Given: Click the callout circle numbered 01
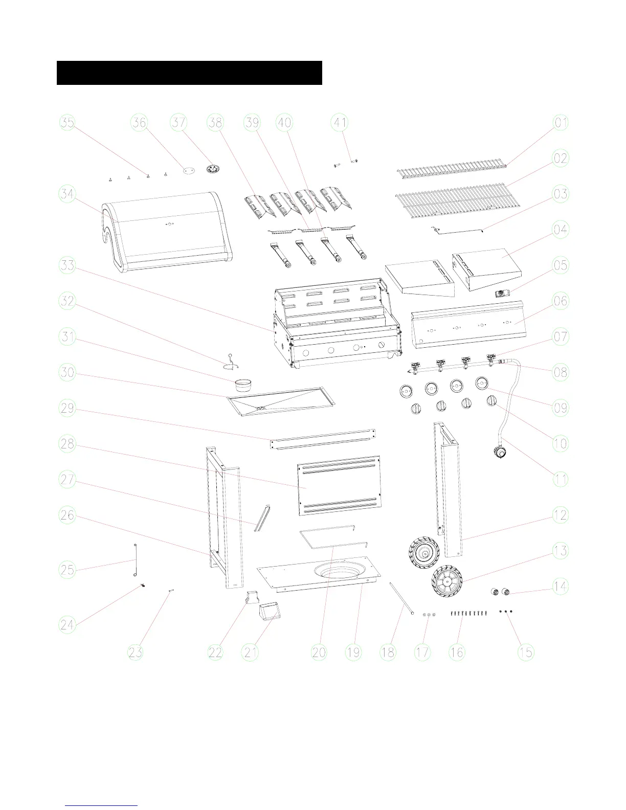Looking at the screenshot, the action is [561, 123].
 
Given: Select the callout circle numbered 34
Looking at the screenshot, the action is [68, 194].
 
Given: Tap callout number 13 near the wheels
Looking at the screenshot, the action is [561, 551].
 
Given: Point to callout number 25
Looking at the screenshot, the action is [68, 570].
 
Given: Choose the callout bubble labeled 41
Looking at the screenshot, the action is [340, 123].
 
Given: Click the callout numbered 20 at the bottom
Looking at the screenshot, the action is [319, 652].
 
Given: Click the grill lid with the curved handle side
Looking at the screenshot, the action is [166, 230].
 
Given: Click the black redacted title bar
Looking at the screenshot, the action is [189, 73].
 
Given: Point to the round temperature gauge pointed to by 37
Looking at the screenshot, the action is [212, 169].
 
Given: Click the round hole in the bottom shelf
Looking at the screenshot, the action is [338, 571].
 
